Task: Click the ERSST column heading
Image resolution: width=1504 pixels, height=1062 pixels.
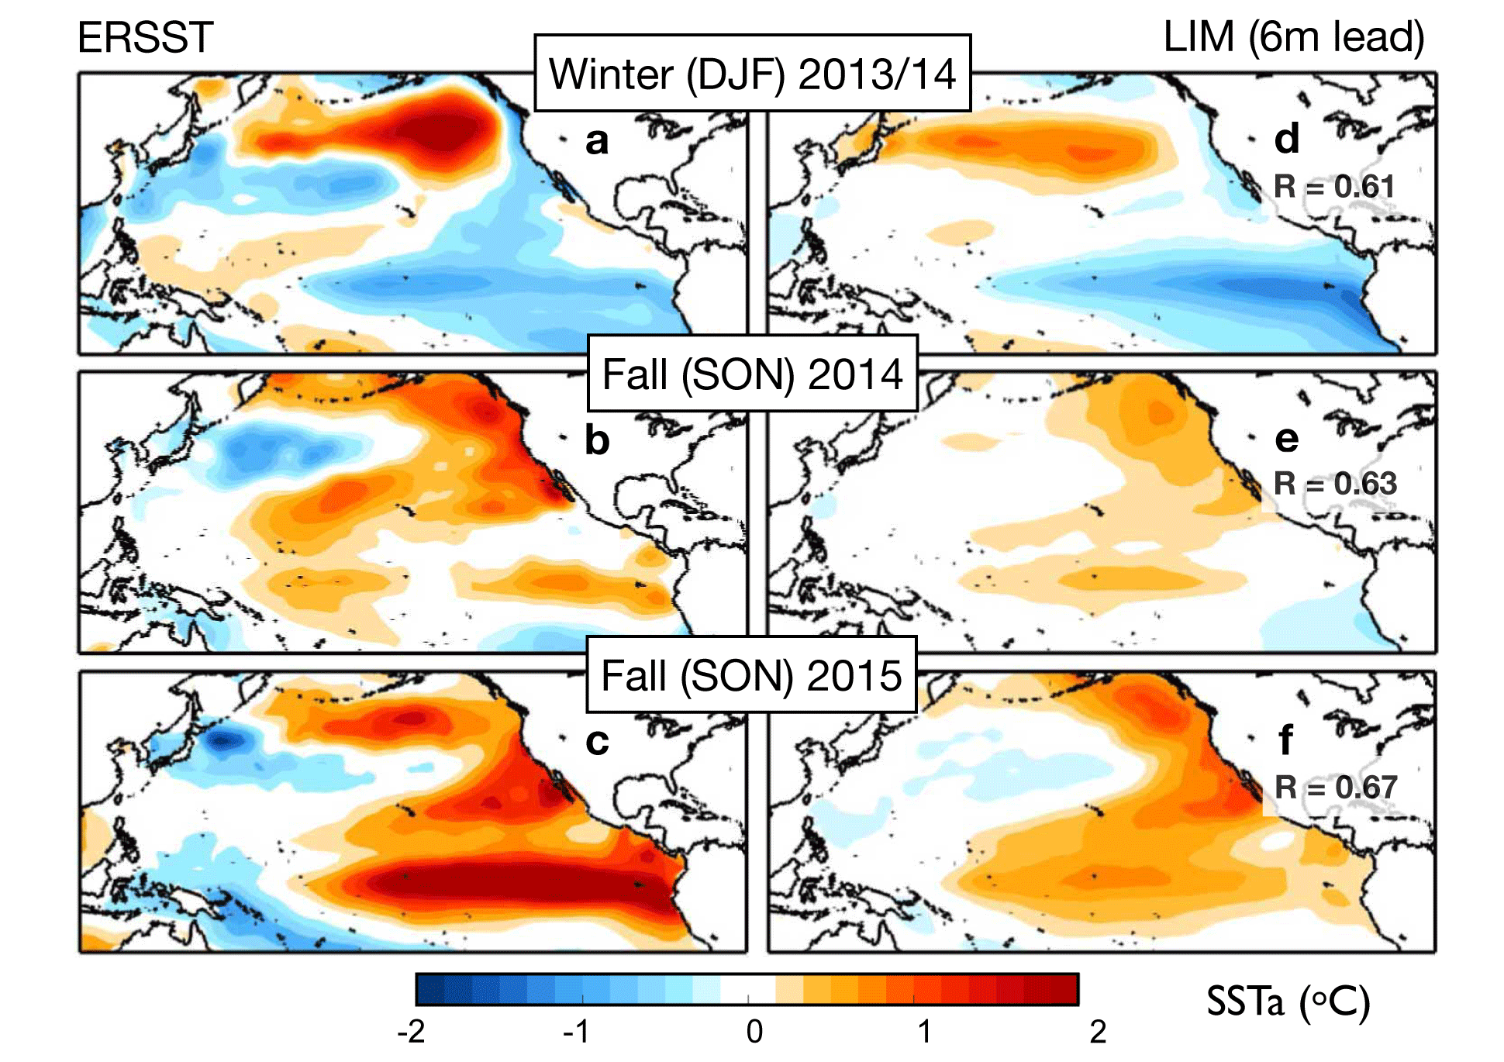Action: pos(145,37)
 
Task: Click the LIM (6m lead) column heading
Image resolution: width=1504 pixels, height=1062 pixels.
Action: pos(1293,37)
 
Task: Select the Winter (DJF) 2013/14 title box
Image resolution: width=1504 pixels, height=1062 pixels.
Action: pos(752,74)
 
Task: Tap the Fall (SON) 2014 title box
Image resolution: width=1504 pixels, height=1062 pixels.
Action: pos(752,374)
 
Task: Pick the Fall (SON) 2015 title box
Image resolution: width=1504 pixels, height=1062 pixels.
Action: pos(750,675)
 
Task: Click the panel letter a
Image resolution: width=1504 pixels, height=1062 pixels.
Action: pos(596,142)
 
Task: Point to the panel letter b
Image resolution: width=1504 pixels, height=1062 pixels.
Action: pos(596,440)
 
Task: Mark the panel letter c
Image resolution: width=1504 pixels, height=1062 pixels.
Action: pos(596,742)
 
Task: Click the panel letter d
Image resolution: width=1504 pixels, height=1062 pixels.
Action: pos(1287,140)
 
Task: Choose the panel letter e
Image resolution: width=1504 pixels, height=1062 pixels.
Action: pos(1287,440)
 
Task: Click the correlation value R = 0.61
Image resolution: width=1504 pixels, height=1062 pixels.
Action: pos(1334,187)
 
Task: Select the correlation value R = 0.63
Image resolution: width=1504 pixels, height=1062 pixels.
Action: pos(1335,484)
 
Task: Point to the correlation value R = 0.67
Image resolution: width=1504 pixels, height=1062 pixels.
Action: pos(1336,788)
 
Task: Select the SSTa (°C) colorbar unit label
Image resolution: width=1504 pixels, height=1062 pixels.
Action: pos(1288,1002)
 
